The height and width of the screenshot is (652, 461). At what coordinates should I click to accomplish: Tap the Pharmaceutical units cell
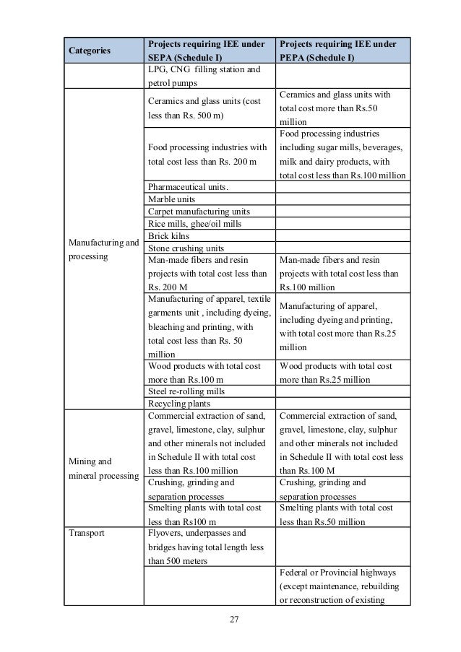click(x=187, y=188)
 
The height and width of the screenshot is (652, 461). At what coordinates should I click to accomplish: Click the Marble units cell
click(x=171, y=199)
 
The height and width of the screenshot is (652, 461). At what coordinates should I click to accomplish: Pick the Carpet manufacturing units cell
click(x=198, y=212)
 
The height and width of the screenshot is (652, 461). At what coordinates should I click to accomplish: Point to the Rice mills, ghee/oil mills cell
click(x=194, y=224)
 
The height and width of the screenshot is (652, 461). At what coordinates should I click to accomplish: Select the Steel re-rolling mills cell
click(x=186, y=391)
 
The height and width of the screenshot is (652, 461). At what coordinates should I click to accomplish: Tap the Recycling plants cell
click(x=176, y=403)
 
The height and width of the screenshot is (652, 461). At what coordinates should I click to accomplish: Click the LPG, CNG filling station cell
click(x=203, y=77)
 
